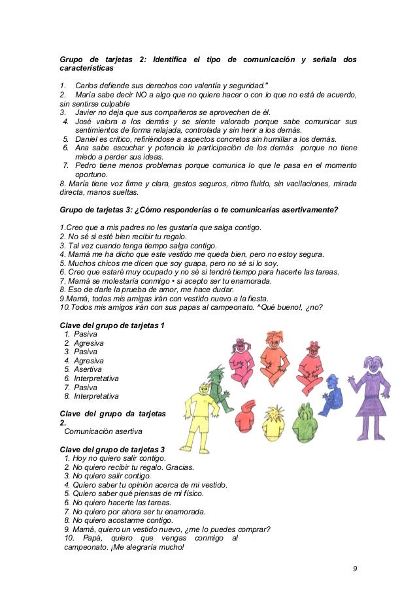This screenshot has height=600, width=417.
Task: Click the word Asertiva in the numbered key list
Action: click(88, 369)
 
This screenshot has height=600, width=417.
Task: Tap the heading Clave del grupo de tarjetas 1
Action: click(112, 326)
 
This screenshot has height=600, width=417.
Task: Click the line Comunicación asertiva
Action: click(103, 431)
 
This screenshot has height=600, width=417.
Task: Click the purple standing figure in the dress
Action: click(373, 399)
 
